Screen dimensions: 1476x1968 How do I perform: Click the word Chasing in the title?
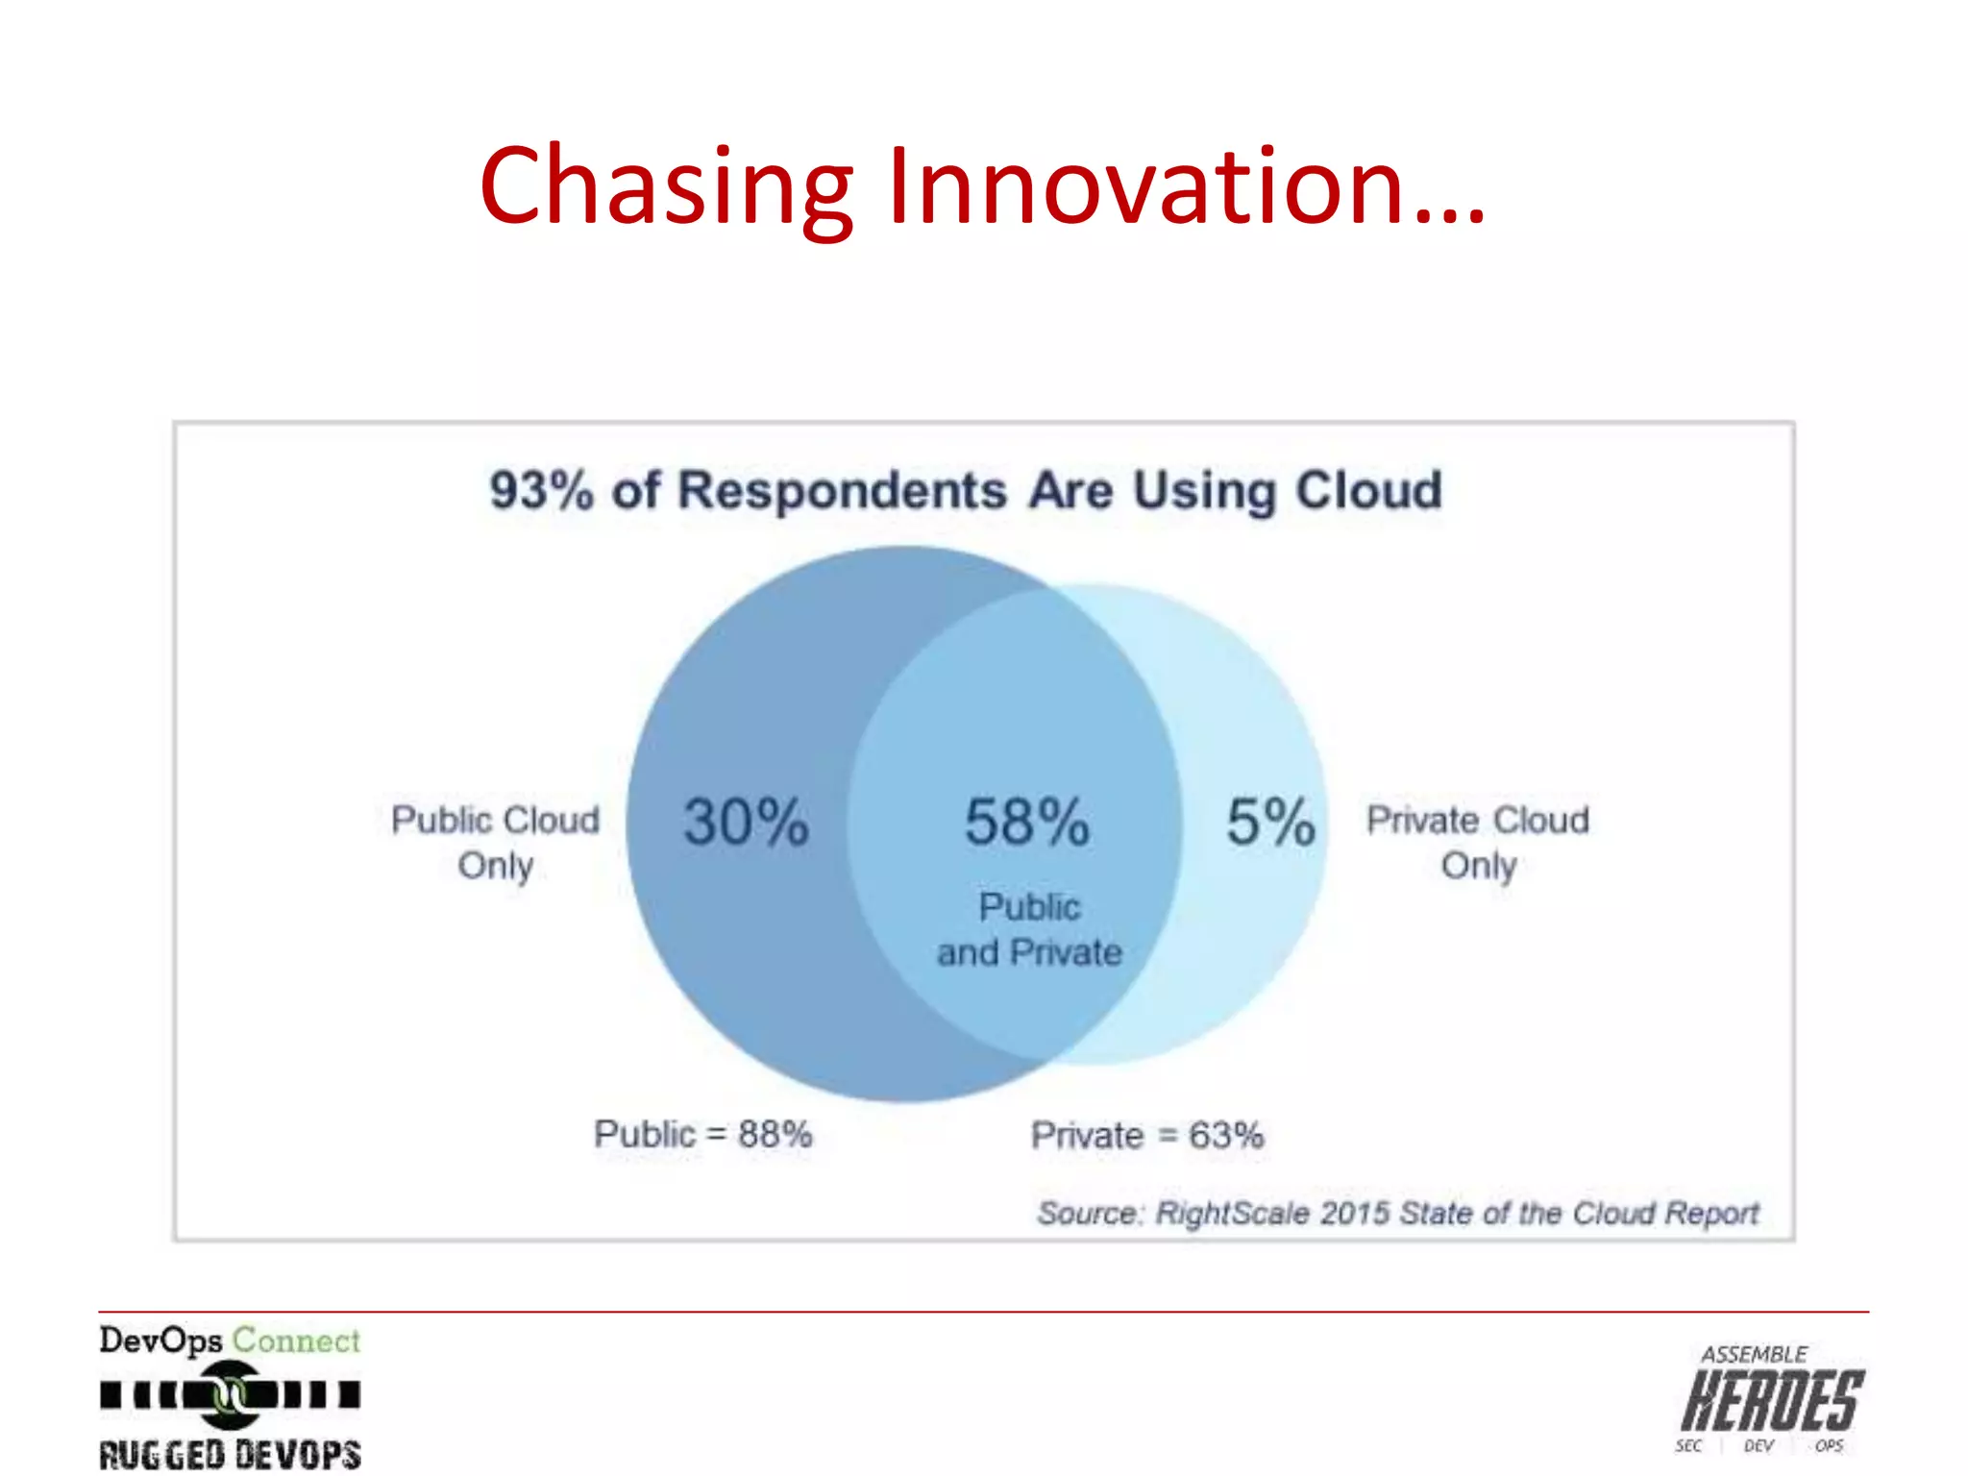[666, 185]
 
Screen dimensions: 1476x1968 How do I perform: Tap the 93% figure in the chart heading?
[541, 490]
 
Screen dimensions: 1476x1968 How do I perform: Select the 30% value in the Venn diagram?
[746, 822]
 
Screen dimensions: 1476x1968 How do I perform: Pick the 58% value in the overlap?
[1026, 822]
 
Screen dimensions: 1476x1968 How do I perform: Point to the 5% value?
[1269, 822]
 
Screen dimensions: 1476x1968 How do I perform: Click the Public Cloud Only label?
[495, 842]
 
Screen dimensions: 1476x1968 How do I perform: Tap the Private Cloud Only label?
[1478, 842]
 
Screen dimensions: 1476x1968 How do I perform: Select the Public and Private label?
[1029, 929]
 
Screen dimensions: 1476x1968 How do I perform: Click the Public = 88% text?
[702, 1135]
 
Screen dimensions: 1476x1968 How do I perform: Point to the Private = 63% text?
[1146, 1136]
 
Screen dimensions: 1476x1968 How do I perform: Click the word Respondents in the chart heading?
[842, 490]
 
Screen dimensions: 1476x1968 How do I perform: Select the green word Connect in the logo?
[296, 1341]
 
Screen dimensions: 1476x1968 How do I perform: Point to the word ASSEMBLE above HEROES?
[1754, 1355]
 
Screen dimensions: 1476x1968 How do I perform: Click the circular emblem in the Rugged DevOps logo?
[230, 1394]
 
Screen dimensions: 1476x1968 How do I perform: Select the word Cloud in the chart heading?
[1368, 490]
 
